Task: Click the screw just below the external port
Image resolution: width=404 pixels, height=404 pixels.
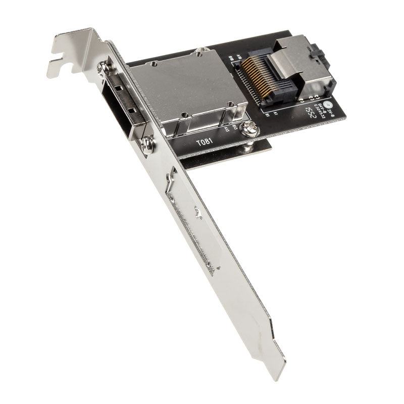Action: pos(146,145)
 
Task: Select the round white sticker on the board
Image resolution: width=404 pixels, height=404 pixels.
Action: pos(329,106)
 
